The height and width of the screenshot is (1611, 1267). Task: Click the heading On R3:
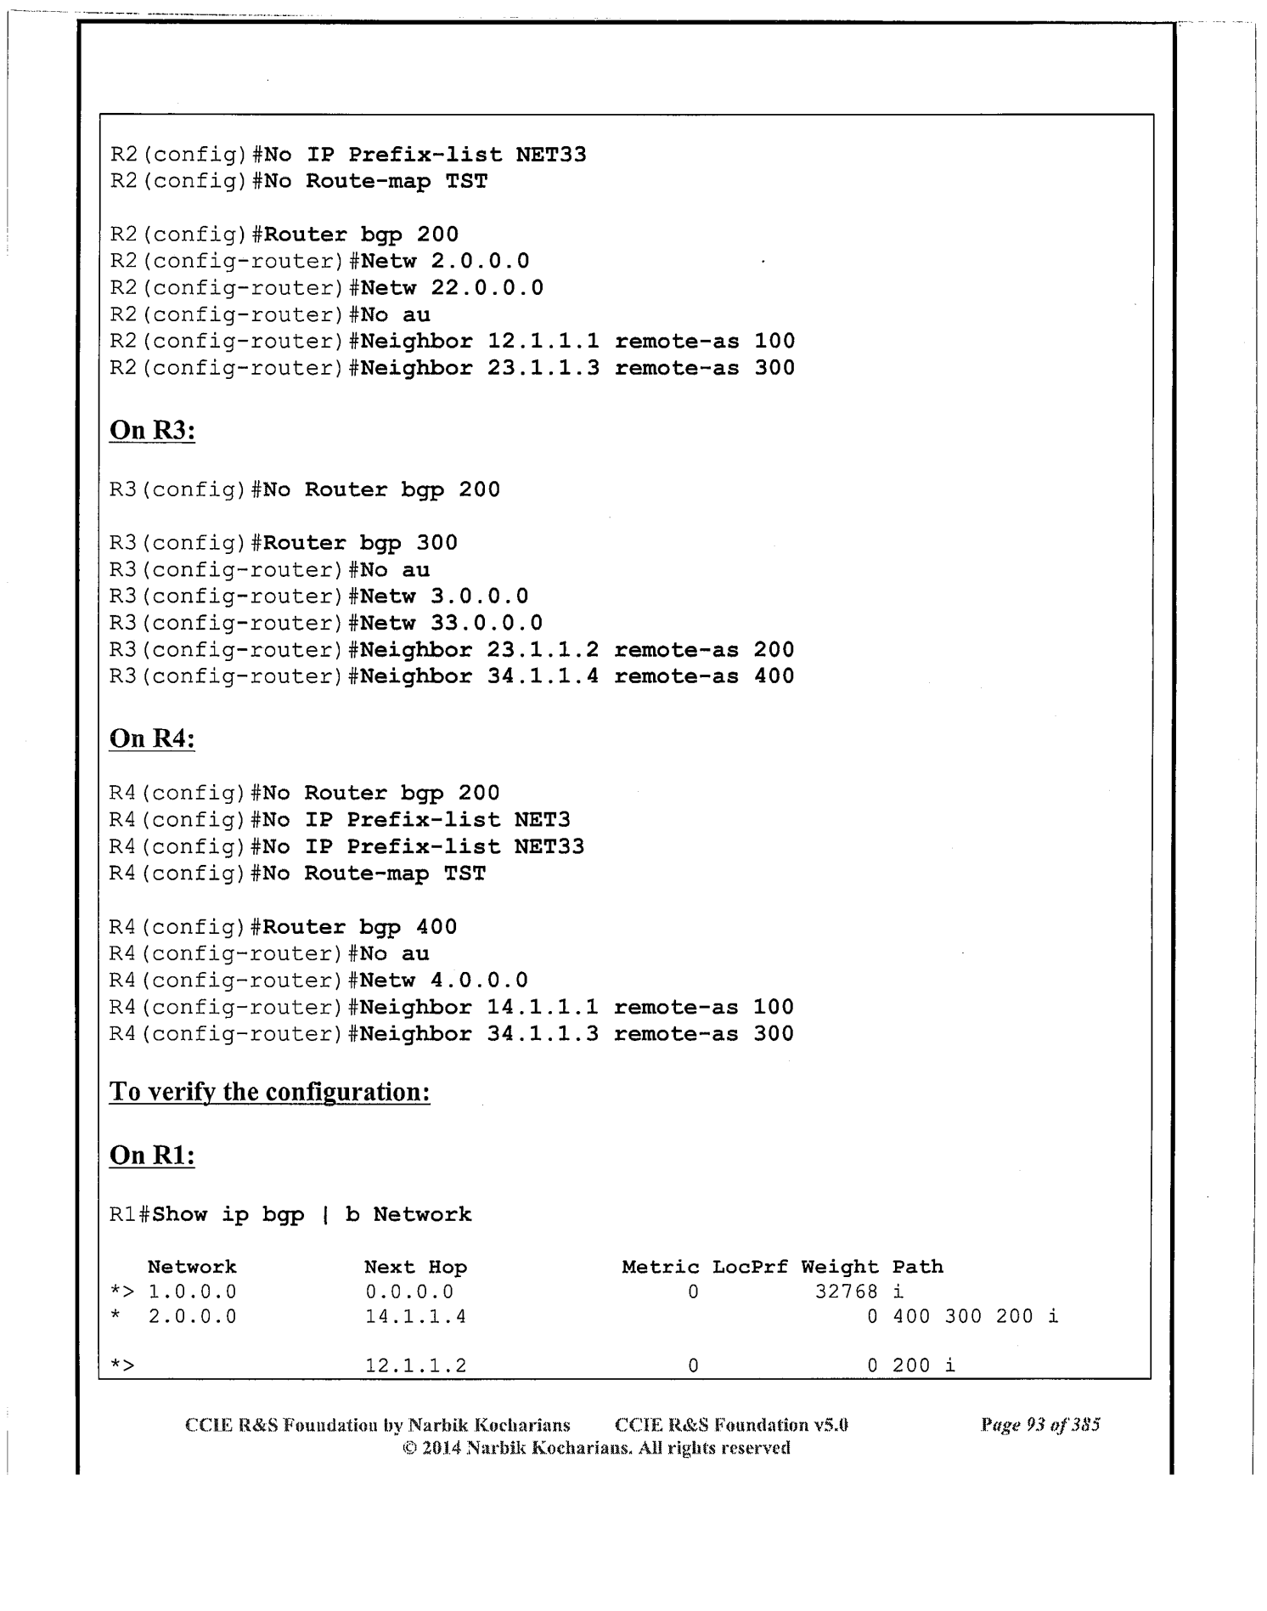click(152, 431)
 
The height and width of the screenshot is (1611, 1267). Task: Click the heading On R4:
click(152, 739)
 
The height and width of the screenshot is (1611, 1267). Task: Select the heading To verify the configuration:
click(269, 1092)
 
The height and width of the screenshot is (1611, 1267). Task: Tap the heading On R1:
click(152, 1156)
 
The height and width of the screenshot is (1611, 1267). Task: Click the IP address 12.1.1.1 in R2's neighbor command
click(543, 342)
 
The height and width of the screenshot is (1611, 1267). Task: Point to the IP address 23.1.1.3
click(543, 368)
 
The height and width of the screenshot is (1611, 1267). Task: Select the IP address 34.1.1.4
click(543, 676)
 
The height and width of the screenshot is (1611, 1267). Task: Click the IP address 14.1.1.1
click(543, 1008)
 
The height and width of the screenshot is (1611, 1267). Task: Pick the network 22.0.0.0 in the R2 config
click(487, 288)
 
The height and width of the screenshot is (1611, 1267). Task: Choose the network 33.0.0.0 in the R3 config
click(486, 623)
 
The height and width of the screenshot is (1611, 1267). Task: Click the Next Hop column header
click(415, 1267)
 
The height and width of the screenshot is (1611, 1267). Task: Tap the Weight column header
click(839, 1267)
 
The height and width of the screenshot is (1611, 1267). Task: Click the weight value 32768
click(846, 1292)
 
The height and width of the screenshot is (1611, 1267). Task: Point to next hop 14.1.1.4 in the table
click(415, 1317)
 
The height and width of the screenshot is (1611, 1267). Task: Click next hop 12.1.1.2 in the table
click(415, 1366)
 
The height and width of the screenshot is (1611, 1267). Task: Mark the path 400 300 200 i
click(975, 1317)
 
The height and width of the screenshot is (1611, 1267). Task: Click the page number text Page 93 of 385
click(1040, 1425)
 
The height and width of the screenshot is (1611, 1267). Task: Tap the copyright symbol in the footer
click(408, 1448)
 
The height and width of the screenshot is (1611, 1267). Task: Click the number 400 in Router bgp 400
click(436, 927)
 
